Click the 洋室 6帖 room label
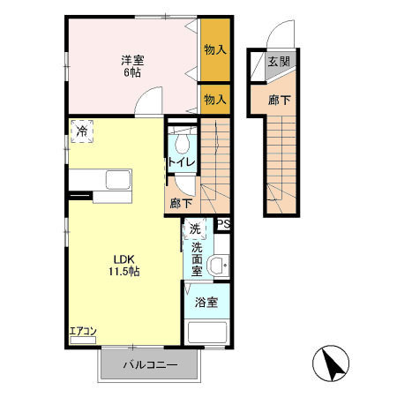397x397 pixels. click(x=132, y=66)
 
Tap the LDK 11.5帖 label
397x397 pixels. click(x=124, y=266)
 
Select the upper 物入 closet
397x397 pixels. click(x=215, y=49)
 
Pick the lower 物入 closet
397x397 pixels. click(x=215, y=100)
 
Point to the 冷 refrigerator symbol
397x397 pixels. click(x=82, y=131)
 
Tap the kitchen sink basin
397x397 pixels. click(x=118, y=180)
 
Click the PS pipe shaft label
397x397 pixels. click(x=223, y=225)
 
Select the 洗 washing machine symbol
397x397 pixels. click(x=195, y=228)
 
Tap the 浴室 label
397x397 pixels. click(x=206, y=303)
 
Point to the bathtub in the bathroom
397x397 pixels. click(x=207, y=333)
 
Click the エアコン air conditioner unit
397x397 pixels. click(x=83, y=340)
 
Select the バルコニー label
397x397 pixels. click(x=150, y=365)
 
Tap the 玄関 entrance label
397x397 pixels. click(x=279, y=62)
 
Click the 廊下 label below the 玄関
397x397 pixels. click(x=280, y=101)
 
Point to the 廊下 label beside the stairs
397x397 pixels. click(x=181, y=203)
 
